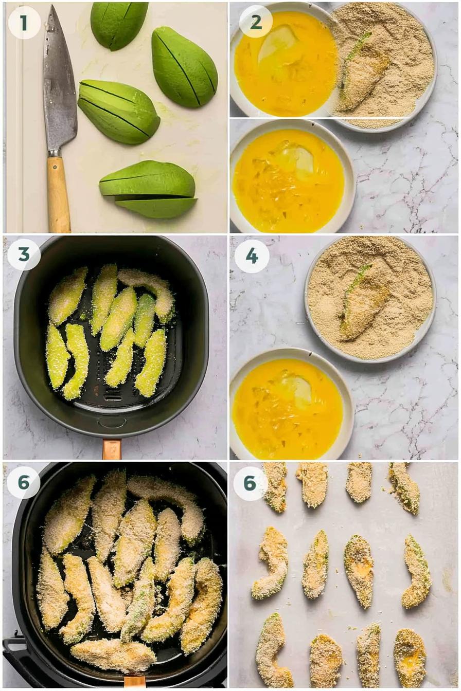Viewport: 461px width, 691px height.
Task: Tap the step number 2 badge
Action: pos(256,22)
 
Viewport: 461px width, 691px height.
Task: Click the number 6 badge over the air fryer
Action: pos(24,482)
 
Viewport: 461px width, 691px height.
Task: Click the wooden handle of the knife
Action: pos(58,193)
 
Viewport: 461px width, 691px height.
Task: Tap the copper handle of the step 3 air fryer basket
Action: pos(112,449)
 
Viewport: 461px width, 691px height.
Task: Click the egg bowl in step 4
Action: pos(292,403)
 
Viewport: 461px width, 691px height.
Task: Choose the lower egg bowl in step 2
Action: pos(292,176)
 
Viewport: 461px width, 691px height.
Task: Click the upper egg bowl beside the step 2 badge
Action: pos(284,59)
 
